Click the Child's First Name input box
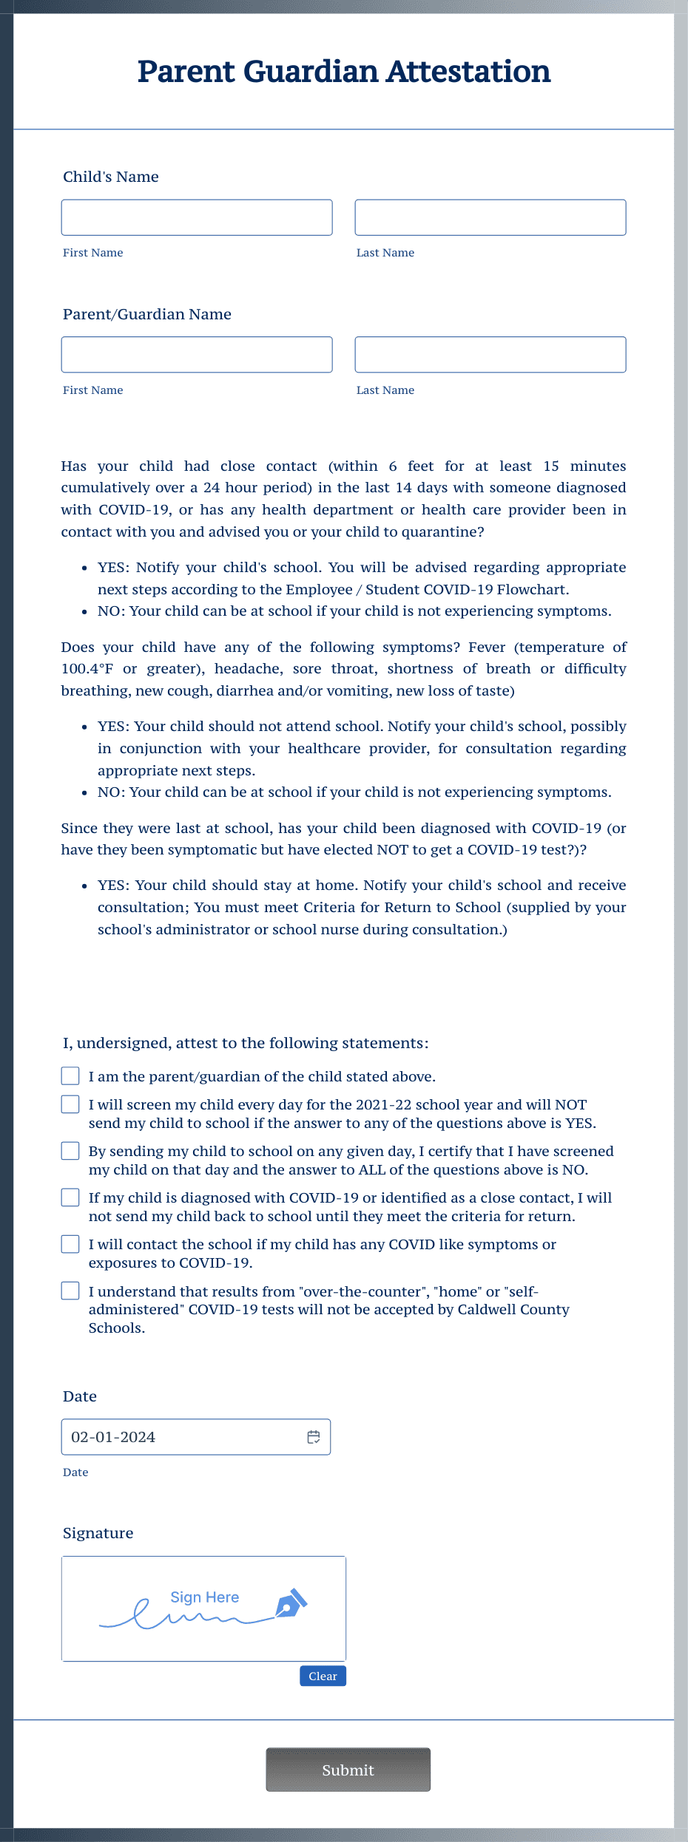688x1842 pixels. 197,217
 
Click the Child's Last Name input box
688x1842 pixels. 490,217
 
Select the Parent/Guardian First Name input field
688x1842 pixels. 197,355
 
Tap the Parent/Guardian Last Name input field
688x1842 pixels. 490,355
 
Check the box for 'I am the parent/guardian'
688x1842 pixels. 70,1075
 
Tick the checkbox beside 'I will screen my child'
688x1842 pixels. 70,1104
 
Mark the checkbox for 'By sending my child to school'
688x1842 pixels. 70,1151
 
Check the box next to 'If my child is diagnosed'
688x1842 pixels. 70,1197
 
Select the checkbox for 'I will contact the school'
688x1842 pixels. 70,1244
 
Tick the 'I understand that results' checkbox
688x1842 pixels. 70,1291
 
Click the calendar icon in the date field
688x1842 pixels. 314,1437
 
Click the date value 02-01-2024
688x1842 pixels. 113,1437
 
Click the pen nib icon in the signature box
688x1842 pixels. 290,1603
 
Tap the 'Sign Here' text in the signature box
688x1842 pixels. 204,1597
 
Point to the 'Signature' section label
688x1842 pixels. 98,1533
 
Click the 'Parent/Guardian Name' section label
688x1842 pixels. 146,314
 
